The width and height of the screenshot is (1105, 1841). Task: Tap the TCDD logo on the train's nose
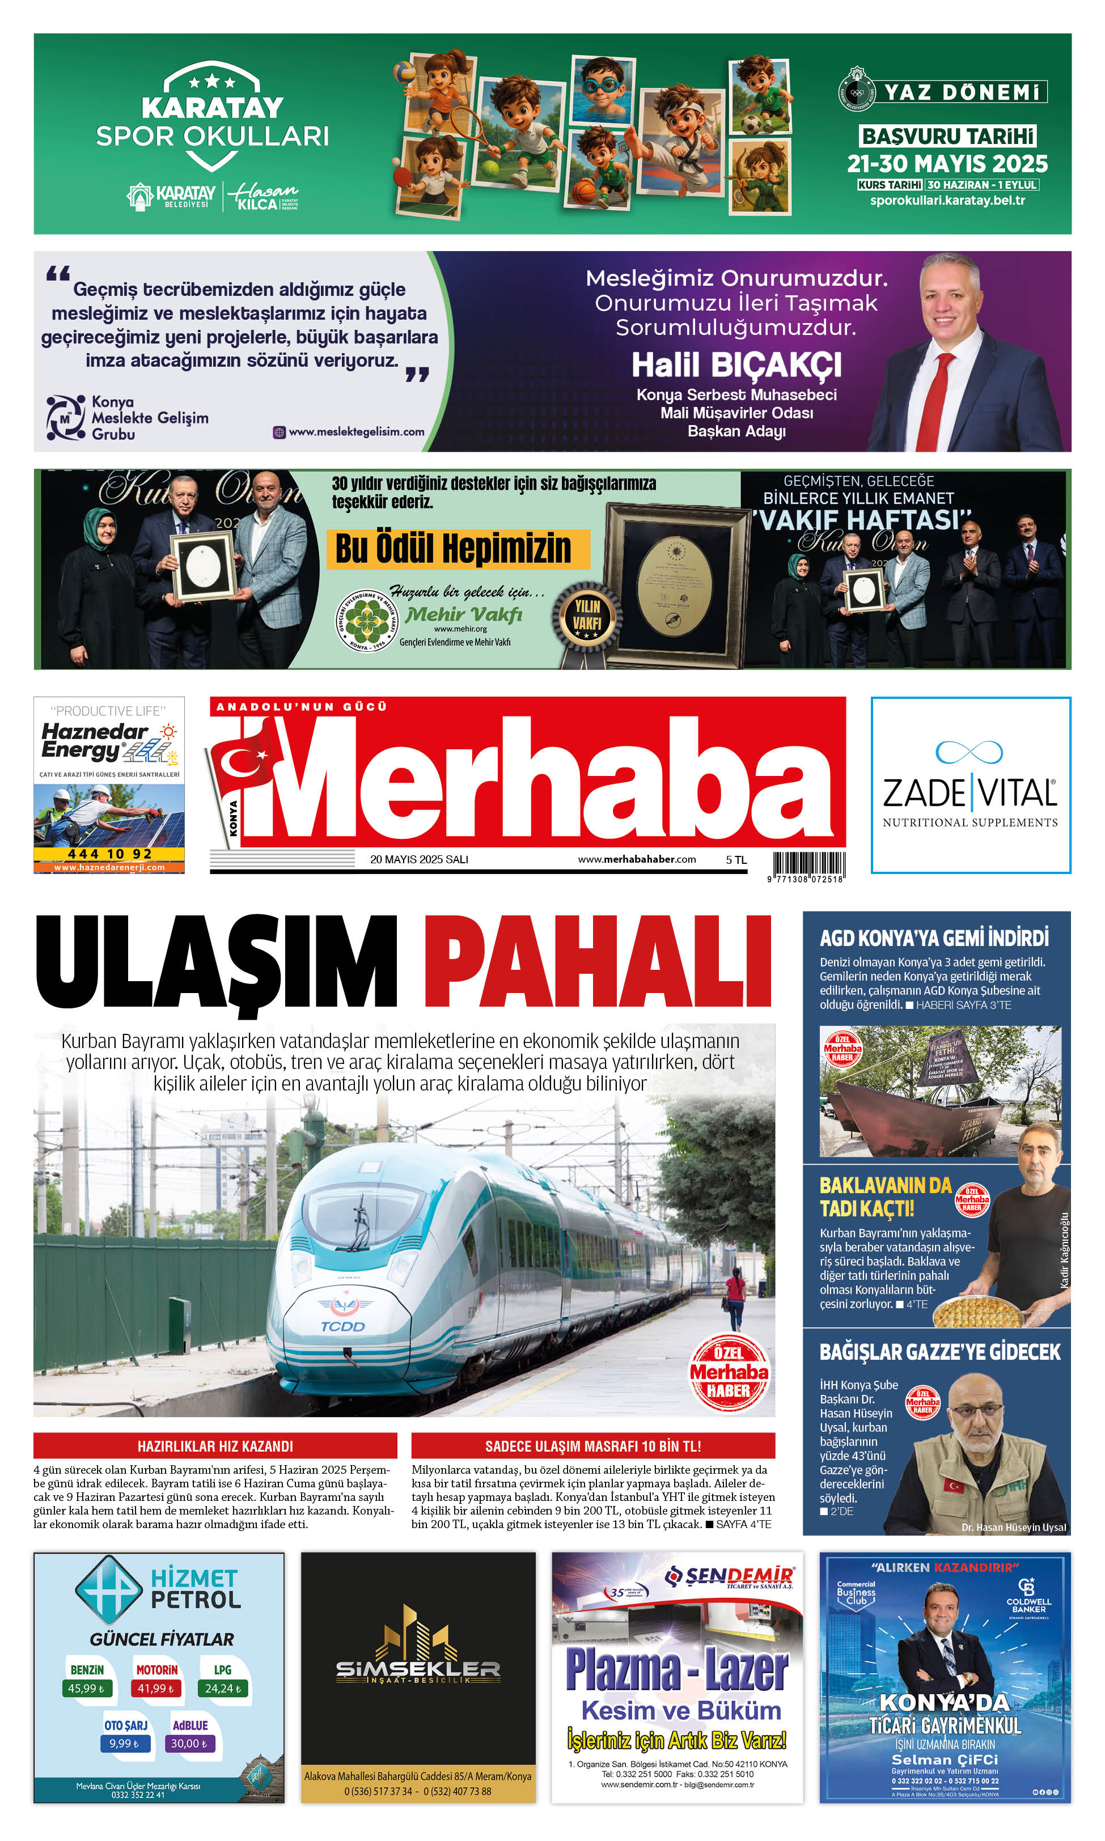point(342,1326)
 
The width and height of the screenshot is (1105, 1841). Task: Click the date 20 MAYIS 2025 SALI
point(418,859)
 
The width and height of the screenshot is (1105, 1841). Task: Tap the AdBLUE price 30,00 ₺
point(189,1744)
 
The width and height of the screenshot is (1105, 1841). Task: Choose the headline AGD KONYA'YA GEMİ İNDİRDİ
point(934,938)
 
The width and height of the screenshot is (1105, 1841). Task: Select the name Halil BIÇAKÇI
point(736,366)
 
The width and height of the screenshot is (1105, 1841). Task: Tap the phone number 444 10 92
point(109,854)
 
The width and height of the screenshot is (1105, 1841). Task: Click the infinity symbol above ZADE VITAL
point(969,752)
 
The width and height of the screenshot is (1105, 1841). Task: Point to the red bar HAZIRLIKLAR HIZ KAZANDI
point(215,1446)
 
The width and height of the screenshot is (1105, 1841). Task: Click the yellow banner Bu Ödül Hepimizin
point(454,549)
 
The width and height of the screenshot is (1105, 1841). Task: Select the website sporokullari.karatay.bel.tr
point(947,200)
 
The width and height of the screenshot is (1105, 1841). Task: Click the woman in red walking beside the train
point(735,1295)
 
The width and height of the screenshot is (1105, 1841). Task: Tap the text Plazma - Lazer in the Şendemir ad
point(676,1668)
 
